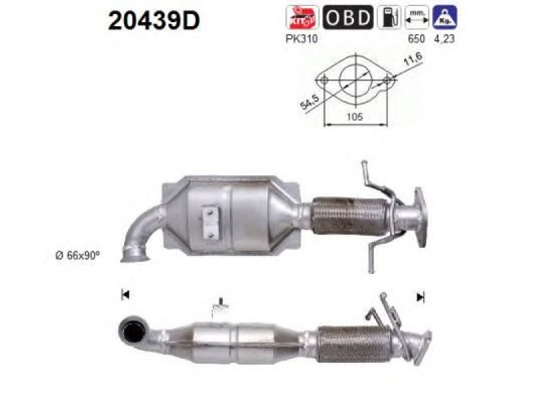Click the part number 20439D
coord(154,20)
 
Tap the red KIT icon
coord(301,17)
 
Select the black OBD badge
coord(348,17)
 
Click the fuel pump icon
coord(389,17)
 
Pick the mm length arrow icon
coord(416,17)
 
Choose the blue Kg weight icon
coord(444,17)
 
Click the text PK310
coord(301,39)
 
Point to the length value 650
coord(416,39)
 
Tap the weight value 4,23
coord(444,39)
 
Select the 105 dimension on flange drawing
coord(355,117)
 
